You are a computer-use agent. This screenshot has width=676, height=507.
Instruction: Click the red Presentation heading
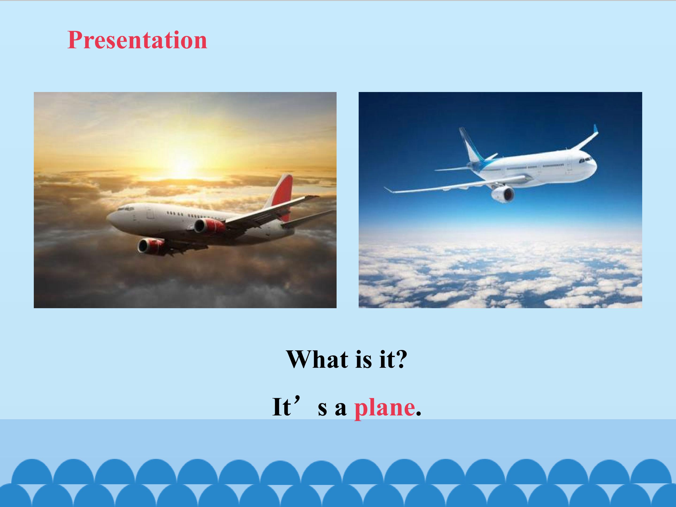[x=137, y=40]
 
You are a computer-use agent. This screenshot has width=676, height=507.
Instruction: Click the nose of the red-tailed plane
[x=111, y=219]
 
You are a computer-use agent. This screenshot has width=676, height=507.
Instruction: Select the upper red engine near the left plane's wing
[x=210, y=226]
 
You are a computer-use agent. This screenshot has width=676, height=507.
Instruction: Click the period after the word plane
[x=418, y=414]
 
